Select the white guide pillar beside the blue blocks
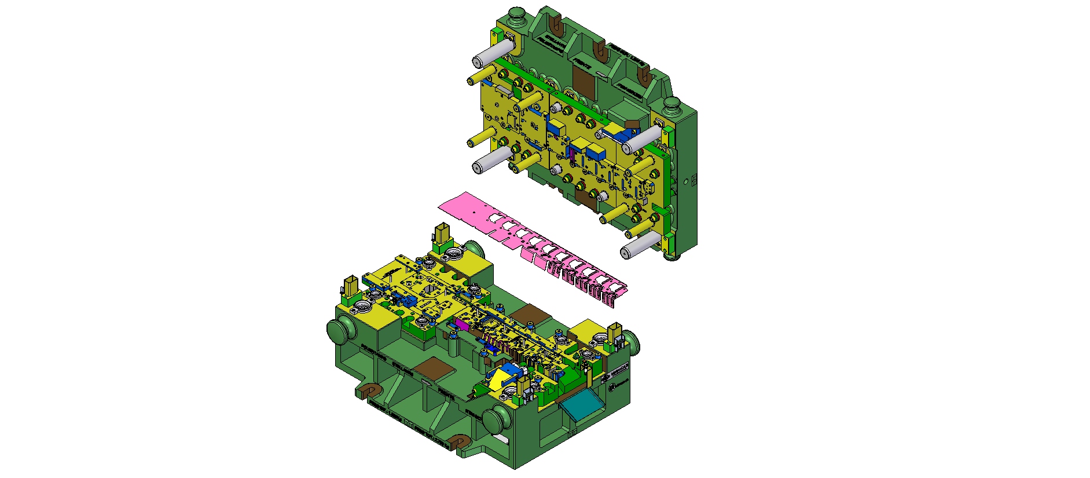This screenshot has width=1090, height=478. tap(641, 138)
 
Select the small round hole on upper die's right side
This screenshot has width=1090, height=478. tap(687, 181)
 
